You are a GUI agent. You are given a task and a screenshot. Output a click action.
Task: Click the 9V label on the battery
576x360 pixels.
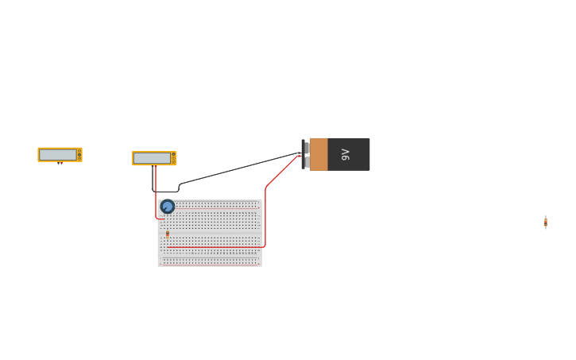click(346, 154)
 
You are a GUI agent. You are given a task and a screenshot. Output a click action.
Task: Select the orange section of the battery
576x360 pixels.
click(319, 154)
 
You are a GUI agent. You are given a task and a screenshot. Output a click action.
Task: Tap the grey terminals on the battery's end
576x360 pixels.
click(306, 154)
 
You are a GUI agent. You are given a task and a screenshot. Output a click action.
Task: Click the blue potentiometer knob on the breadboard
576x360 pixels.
click(168, 207)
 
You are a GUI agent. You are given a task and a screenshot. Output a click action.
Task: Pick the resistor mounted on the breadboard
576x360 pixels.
click(168, 234)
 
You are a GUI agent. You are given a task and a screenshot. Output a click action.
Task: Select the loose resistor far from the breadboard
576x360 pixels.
click(545, 223)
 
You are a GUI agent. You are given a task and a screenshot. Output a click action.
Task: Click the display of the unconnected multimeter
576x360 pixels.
click(58, 155)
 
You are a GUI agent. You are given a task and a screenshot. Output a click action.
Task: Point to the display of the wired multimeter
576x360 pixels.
click(152, 158)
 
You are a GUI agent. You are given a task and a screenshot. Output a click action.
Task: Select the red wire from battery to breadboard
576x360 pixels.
click(265, 215)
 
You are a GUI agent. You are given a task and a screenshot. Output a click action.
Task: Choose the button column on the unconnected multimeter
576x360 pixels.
click(79, 155)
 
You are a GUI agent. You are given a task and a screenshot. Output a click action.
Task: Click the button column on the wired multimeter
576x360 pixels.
click(173, 158)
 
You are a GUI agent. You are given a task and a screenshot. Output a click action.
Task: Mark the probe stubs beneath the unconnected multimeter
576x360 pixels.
click(60, 164)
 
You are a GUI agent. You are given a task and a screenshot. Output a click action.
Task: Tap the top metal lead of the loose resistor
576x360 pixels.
click(545, 216)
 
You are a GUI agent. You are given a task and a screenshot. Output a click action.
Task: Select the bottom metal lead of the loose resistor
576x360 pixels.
click(545, 228)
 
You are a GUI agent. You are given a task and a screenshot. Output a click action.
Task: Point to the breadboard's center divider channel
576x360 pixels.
click(210, 233)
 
